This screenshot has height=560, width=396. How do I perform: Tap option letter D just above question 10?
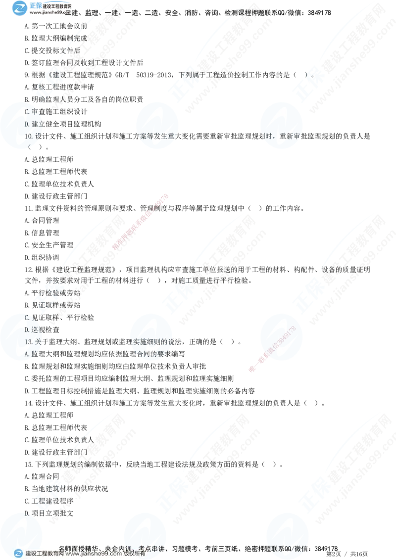point(27,123)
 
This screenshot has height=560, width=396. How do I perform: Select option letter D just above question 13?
point(27,329)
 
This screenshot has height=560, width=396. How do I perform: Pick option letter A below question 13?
point(27,354)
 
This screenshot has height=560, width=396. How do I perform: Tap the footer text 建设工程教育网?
point(45,554)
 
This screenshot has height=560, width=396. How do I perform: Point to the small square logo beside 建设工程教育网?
point(18,554)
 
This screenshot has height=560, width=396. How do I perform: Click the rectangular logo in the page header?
point(19,8)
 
